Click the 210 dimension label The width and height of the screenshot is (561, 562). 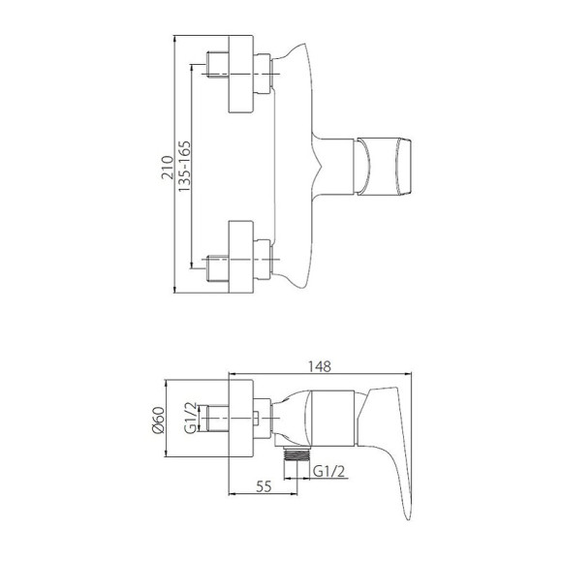(x=167, y=167)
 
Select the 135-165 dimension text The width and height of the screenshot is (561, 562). (x=184, y=167)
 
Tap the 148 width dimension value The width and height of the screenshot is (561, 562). (x=320, y=366)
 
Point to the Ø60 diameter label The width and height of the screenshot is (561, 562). (x=158, y=420)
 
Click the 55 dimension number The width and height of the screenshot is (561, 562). (x=264, y=486)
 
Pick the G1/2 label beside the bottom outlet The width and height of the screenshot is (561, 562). (x=328, y=471)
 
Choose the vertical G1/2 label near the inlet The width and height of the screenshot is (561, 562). (x=190, y=419)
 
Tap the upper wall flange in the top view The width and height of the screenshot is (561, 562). (x=241, y=75)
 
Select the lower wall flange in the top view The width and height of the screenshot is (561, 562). (x=241, y=258)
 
